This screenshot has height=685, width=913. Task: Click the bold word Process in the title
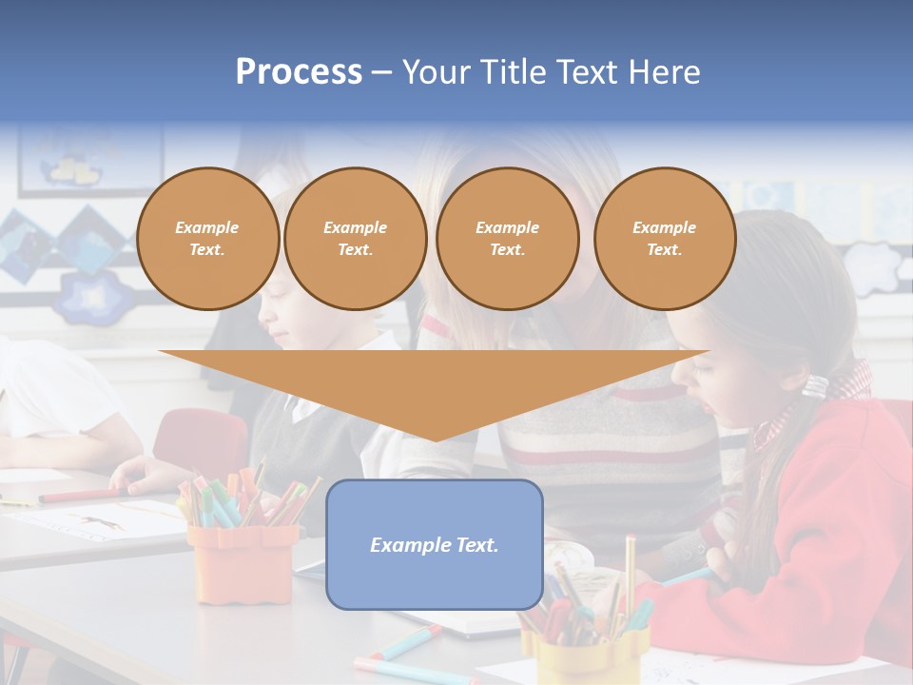[299, 72]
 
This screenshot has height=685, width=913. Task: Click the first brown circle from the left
[207, 239]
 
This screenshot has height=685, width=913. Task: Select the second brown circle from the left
[355, 239]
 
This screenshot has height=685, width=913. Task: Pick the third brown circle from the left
[507, 239]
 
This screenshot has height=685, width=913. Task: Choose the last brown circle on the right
[664, 239]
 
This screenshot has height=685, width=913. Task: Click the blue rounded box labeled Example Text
[435, 544]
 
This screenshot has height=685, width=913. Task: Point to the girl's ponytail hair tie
[816, 385]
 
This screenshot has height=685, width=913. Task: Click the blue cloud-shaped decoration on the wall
[93, 295]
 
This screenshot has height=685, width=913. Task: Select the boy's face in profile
[285, 319]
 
